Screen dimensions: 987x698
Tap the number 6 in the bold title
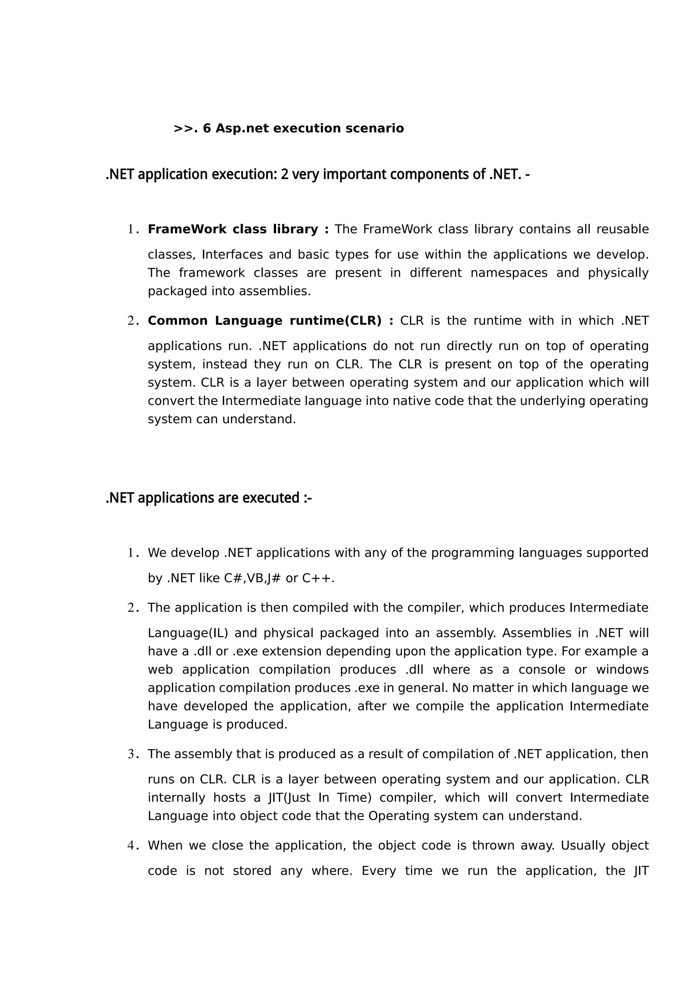[207, 128]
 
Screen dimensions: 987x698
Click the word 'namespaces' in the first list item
[509, 273]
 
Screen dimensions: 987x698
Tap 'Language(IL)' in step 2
[188, 633]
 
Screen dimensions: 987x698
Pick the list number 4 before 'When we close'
[131, 846]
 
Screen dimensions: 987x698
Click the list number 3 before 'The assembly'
[131, 754]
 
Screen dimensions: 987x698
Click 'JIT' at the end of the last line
[641, 871]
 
